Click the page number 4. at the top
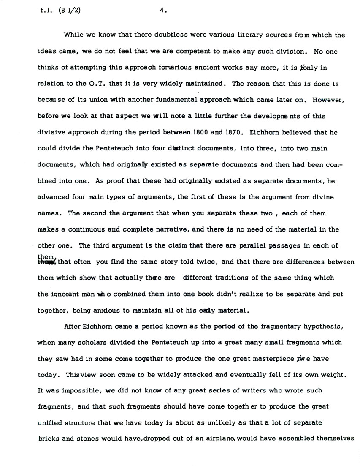click(163, 11)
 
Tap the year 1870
click(230, 132)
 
